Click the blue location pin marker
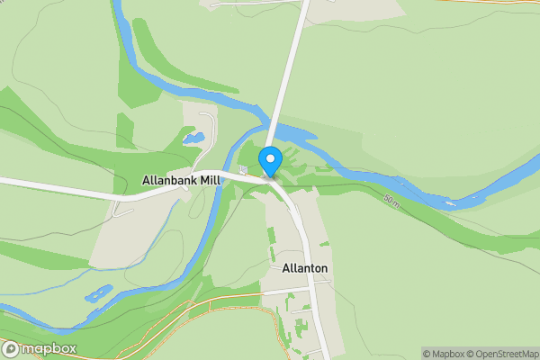pos(270,162)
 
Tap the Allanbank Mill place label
pos(181,181)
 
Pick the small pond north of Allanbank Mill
pos(193,139)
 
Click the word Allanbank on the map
pos(168,181)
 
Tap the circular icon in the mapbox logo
pos(11,348)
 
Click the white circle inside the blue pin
pos(270,159)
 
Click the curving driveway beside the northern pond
pos(209,126)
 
